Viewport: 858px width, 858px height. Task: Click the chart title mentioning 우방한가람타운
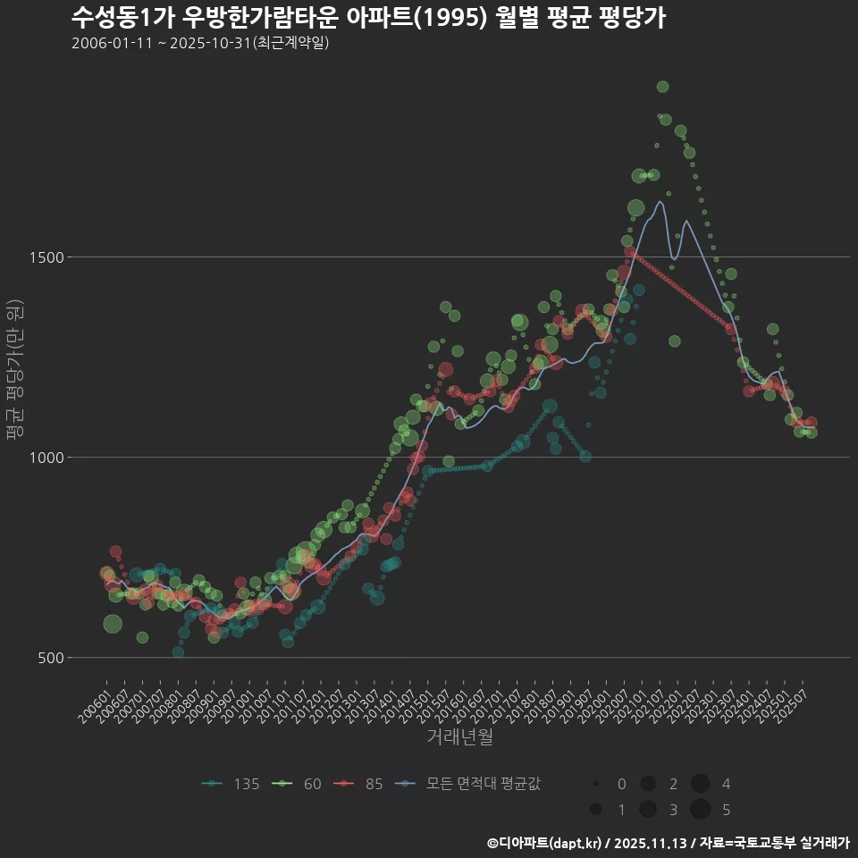367,17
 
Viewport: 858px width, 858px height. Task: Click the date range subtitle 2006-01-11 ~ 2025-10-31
200,43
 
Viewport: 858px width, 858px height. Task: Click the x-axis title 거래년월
459,736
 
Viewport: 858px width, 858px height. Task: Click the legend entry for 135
231,784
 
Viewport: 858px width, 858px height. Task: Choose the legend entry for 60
301,784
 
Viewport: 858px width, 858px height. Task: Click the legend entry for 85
362,784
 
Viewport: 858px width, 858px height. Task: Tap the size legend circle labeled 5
700,810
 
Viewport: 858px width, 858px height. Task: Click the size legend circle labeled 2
648,784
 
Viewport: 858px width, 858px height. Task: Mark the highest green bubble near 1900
662,87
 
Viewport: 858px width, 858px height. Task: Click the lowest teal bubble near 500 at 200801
178,652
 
